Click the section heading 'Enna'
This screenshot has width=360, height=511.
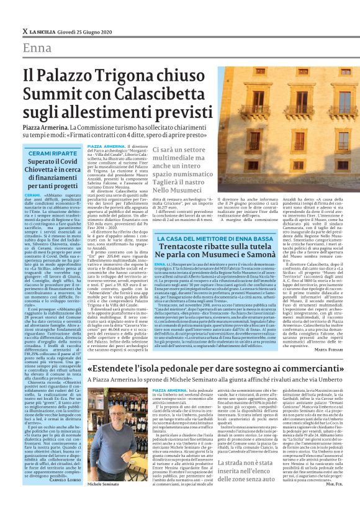coord(37,49)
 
